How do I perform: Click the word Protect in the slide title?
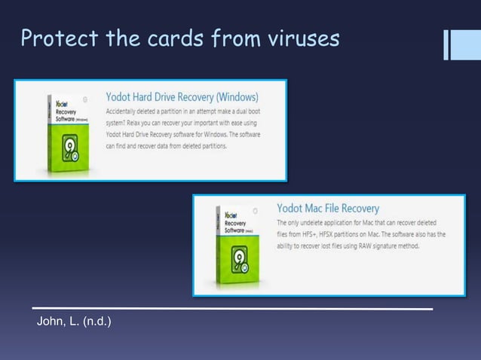pos(52,38)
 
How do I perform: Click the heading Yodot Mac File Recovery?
pos(328,208)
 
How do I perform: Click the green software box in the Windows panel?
pos(66,133)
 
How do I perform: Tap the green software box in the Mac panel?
pos(235,248)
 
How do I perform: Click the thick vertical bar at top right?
pos(458,44)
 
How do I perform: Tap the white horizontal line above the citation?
pos(232,308)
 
